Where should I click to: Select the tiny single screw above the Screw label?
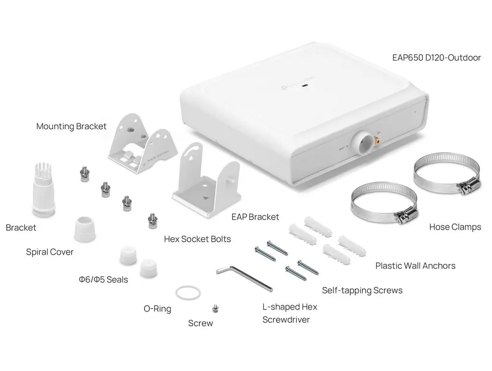coord(215,309)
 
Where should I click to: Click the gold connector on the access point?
coord(377,140)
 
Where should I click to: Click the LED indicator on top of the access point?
coord(305,85)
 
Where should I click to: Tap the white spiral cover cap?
coord(85,229)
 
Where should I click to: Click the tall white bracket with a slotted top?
coord(44,189)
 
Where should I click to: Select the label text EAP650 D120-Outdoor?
coord(436,58)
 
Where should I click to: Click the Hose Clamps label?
coord(455,227)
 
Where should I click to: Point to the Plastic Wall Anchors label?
coord(415,266)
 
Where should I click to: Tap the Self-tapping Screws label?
coord(362,290)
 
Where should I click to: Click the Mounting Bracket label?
coord(71,126)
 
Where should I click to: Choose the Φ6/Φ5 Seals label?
coord(103,279)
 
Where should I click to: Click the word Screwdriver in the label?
coord(286,320)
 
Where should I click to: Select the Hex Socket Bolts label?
coord(197,239)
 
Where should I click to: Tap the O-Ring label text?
coord(157,309)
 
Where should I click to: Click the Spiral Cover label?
coord(49,252)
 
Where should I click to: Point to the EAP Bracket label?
coord(255,217)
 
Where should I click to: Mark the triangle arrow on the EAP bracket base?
coord(206,198)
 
